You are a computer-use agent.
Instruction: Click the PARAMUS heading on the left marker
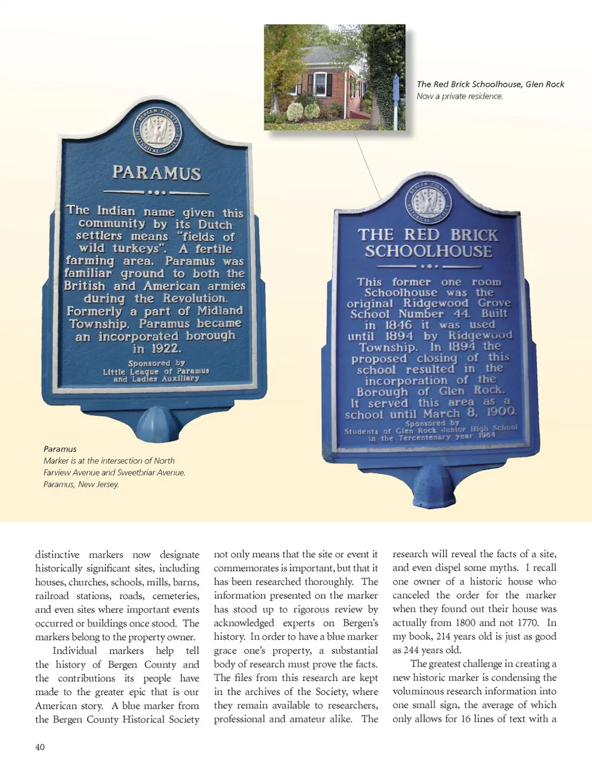point(157,173)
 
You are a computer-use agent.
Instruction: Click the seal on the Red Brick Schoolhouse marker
point(429,202)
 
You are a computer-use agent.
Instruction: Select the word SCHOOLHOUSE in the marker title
point(429,252)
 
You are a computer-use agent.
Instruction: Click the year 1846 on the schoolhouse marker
point(398,325)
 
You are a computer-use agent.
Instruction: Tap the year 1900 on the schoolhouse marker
point(501,411)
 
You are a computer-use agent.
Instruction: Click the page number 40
point(40,747)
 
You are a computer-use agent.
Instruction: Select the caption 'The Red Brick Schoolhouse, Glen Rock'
point(490,85)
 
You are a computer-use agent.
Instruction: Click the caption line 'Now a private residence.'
point(459,96)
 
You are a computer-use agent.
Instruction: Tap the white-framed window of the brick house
point(320,84)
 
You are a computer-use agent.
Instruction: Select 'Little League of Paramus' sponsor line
point(156,371)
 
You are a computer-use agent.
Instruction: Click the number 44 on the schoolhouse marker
point(461,314)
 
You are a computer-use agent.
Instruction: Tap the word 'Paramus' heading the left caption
point(60,449)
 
